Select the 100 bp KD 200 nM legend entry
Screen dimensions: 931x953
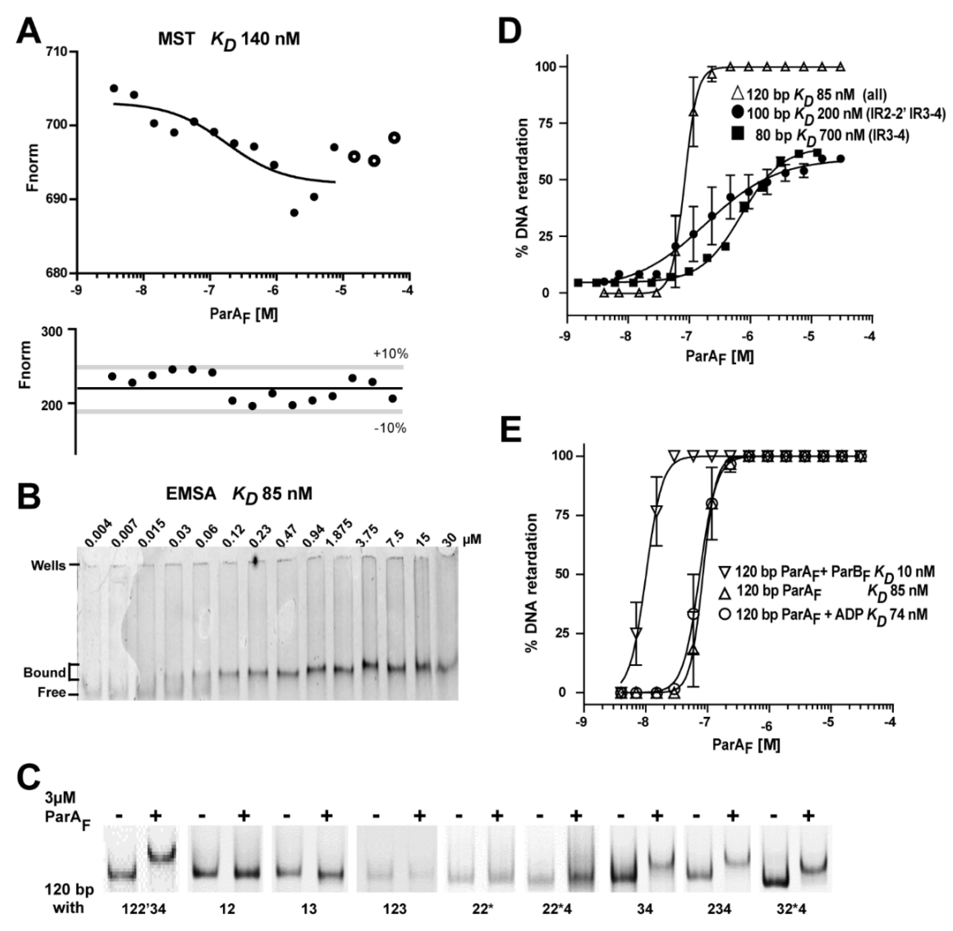point(839,114)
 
